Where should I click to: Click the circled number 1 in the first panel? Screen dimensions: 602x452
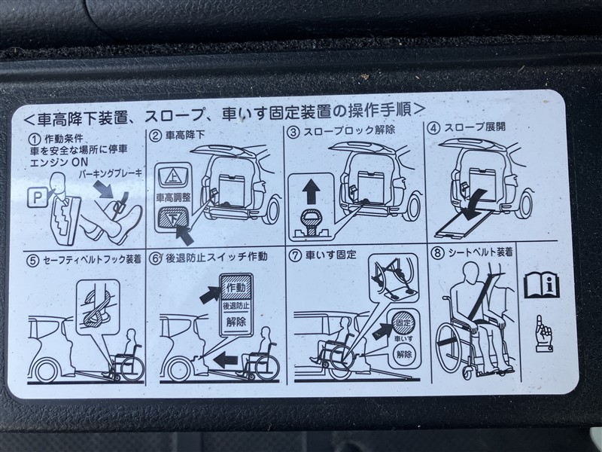[x=35, y=139]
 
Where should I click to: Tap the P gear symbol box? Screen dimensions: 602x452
[x=37, y=197]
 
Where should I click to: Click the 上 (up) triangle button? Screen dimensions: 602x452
[x=172, y=177]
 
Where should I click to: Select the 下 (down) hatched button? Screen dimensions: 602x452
[x=173, y=218]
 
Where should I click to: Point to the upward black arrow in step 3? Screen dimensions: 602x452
[x=311, y=192]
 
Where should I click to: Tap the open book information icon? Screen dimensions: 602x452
[x=541, y=285]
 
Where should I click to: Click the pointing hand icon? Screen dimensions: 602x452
[x=543, y=333]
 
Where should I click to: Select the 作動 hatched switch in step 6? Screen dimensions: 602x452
[x=236, y=288]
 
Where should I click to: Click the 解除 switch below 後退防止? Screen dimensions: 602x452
[x=236, y=322]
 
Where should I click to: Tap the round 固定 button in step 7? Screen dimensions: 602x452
[x=403, y=322]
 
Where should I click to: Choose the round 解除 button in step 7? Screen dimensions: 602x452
[x=403, y=354]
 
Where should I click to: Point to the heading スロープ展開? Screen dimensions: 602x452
[x=475, y=127]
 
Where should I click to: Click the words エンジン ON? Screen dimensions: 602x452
[x=59, y=162]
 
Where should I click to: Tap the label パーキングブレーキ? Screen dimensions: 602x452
[x=111, y=174]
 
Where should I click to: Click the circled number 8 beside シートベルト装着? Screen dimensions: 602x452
[x=437, y=253]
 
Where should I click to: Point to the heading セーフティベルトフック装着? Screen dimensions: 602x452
[x=92, y=259]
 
